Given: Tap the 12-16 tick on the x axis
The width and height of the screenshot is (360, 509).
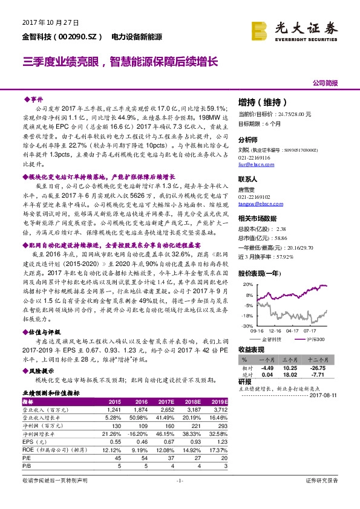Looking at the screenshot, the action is point(276,331).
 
